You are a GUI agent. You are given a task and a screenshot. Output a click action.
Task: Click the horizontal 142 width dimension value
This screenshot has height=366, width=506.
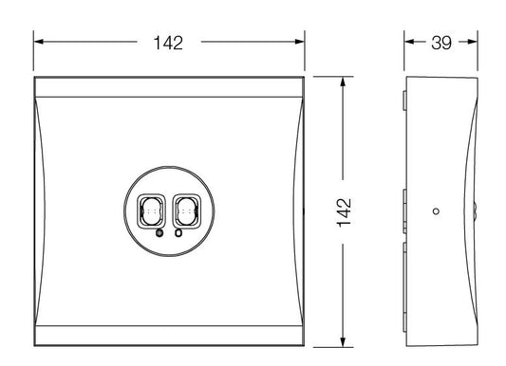point(168,43)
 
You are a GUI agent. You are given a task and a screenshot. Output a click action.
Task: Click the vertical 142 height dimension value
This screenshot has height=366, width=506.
point(344,212)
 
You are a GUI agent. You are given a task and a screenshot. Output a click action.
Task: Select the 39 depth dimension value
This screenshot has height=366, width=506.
point(441,43)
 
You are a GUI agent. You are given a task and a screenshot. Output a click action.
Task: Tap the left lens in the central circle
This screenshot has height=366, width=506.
point(151,211)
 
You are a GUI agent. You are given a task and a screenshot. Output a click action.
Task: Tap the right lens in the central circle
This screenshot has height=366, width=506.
point(187,211)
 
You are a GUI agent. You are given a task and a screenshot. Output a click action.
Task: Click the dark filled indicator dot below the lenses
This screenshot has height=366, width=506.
point(159,233)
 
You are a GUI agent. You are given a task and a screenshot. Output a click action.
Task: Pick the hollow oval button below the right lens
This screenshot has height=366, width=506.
point(178,232)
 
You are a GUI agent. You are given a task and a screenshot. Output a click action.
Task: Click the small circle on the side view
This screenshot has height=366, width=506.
point(436,211)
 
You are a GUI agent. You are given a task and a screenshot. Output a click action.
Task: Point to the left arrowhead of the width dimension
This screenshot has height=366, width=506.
point(38,42)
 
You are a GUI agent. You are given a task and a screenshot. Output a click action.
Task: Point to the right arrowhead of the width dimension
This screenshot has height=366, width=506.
point(299,42)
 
